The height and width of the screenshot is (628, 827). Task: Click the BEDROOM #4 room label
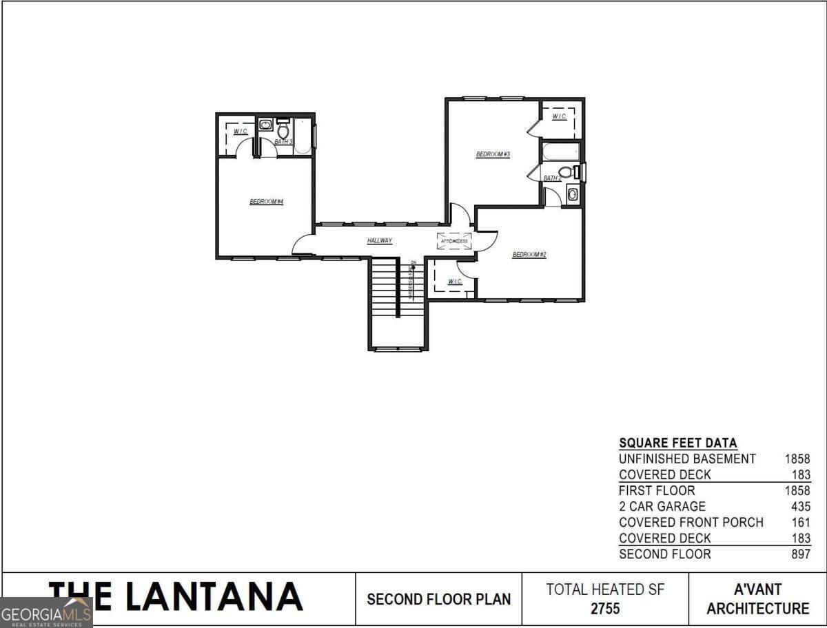(267, 202)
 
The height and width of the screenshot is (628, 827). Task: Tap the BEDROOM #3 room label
(493, 154)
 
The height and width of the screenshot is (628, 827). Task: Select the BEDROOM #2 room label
(529, 255)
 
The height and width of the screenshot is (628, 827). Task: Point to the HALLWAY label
(380, 241)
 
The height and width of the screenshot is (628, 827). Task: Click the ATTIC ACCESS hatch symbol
(455, 241)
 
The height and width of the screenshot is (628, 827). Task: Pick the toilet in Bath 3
(283, 129)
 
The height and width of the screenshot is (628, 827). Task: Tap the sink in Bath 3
(266, 125)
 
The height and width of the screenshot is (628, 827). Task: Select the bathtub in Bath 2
(560, 151)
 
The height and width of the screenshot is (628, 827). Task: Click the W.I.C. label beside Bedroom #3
(559, 116)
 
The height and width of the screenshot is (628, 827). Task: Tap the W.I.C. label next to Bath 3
(241, 132)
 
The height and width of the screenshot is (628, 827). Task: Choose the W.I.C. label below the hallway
(455, 282)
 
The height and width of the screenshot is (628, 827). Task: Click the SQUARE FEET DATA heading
(677, 443)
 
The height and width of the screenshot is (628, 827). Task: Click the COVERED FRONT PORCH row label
(691, 522)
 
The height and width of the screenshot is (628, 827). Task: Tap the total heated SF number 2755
(605, 609)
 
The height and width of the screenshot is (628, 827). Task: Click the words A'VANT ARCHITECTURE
(757, 599)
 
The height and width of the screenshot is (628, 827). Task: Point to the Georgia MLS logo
(46, 612)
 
